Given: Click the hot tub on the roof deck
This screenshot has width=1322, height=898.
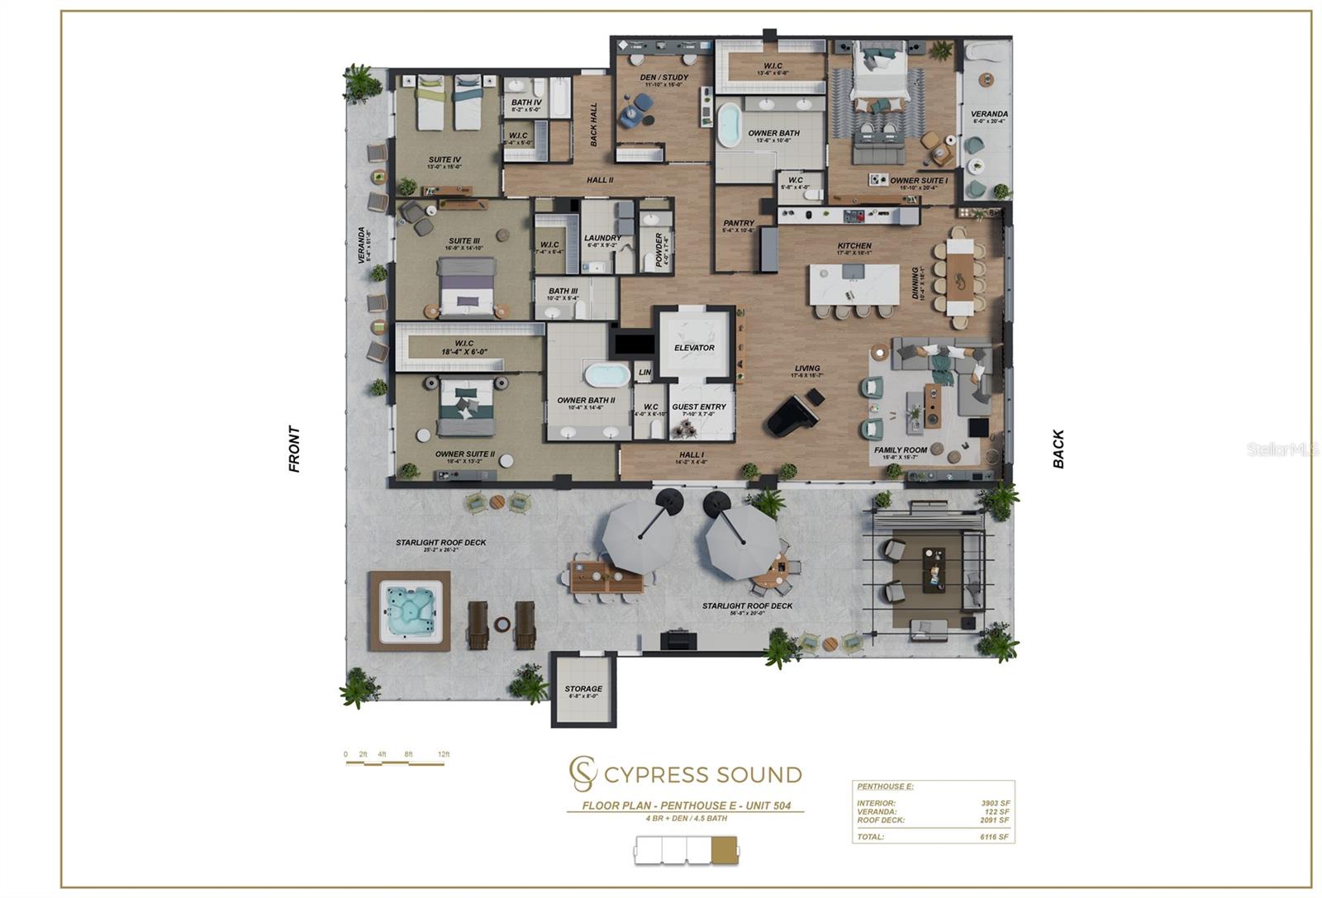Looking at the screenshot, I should (410, 611).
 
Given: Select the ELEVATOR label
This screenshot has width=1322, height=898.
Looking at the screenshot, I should (694, 348).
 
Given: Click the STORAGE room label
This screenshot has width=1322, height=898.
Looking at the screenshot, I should (583, 689).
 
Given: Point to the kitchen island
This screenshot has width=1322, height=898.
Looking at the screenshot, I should (854, 285).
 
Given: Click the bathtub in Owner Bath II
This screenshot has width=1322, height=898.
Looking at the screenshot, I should (607, 375).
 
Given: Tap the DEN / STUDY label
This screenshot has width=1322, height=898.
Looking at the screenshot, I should (663, 78).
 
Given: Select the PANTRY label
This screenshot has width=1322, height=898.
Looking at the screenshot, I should (739, 223).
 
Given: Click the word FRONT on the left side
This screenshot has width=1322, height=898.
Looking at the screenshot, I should (294, 449).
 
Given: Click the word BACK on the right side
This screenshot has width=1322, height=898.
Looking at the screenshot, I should (1058, 449).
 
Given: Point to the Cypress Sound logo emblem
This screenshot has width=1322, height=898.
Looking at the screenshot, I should (583, 773).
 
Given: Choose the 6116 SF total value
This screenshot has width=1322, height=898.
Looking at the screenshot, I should (994, 837).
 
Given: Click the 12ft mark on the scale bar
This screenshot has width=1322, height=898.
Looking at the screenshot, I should (444, 754).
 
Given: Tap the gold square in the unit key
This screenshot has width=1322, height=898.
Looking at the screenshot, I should (725, 850).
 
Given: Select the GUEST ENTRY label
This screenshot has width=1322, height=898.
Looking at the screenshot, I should (699, 406).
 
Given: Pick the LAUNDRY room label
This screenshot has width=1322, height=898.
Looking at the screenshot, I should (602, 238).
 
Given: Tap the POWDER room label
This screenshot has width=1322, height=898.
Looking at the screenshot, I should (659, 249).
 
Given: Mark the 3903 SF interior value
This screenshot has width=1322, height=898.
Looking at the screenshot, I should (995, 803).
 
